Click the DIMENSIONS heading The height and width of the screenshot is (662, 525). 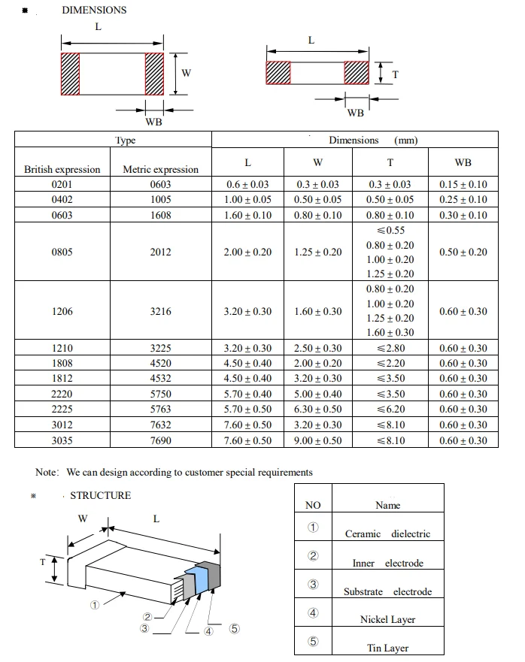(94, 11)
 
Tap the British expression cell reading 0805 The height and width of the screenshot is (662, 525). (62, 252)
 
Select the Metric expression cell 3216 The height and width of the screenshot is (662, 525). (160, 311)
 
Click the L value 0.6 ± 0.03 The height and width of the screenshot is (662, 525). (247, 184)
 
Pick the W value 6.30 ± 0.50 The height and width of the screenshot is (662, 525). (317, 409)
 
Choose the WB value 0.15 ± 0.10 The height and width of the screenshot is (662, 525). (463, 184)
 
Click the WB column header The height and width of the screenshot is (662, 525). (463, 162)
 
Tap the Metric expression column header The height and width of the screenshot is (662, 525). (160, 170)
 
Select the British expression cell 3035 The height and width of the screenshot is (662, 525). (62, 440)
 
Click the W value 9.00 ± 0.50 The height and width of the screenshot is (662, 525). (317, 440)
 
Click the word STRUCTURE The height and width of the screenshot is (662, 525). (100, 495)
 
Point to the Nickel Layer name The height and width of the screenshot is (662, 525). (387, 619)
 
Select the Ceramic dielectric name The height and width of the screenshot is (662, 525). (387, 534)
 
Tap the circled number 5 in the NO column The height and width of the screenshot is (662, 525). (313, 642)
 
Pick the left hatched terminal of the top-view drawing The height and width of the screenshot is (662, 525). (70, 74)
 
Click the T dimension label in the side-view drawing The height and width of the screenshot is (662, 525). (395, 74)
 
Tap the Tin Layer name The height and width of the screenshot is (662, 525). (387, 648)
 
